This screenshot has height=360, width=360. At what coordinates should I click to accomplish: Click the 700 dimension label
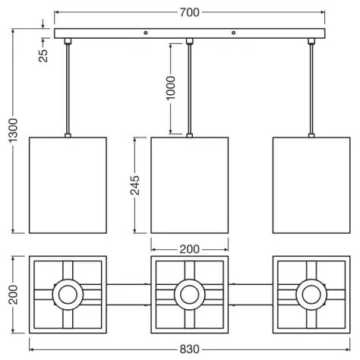pyautogui.click(x=190, y=11)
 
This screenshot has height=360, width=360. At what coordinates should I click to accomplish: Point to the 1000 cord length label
pyautogui.click(x=170, y=89)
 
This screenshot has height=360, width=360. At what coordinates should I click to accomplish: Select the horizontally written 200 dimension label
pyautogui.click(x=190, y=248)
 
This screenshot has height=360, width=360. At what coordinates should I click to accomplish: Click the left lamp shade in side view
pyautogui.click(x=68, y=185)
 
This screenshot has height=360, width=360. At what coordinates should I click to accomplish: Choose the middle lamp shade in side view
pyautogui.click(x=190, y=185)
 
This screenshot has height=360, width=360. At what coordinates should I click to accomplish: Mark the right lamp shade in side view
pyautogui.click(x=311, y=185)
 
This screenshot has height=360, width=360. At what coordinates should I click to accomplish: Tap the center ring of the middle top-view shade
pyautogui.click(x=189, y=293)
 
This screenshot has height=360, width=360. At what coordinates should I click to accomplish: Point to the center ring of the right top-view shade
pyautogui.click(x=311, y=293)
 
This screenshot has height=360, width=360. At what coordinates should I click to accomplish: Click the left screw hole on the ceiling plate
pyautogui.click(x=146, y=33)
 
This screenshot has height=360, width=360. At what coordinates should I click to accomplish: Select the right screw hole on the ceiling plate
pyautogui.click(x=233, y=33)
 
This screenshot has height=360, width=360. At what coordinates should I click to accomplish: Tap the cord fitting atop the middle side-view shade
pyautogui.click(x=190, y=134)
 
